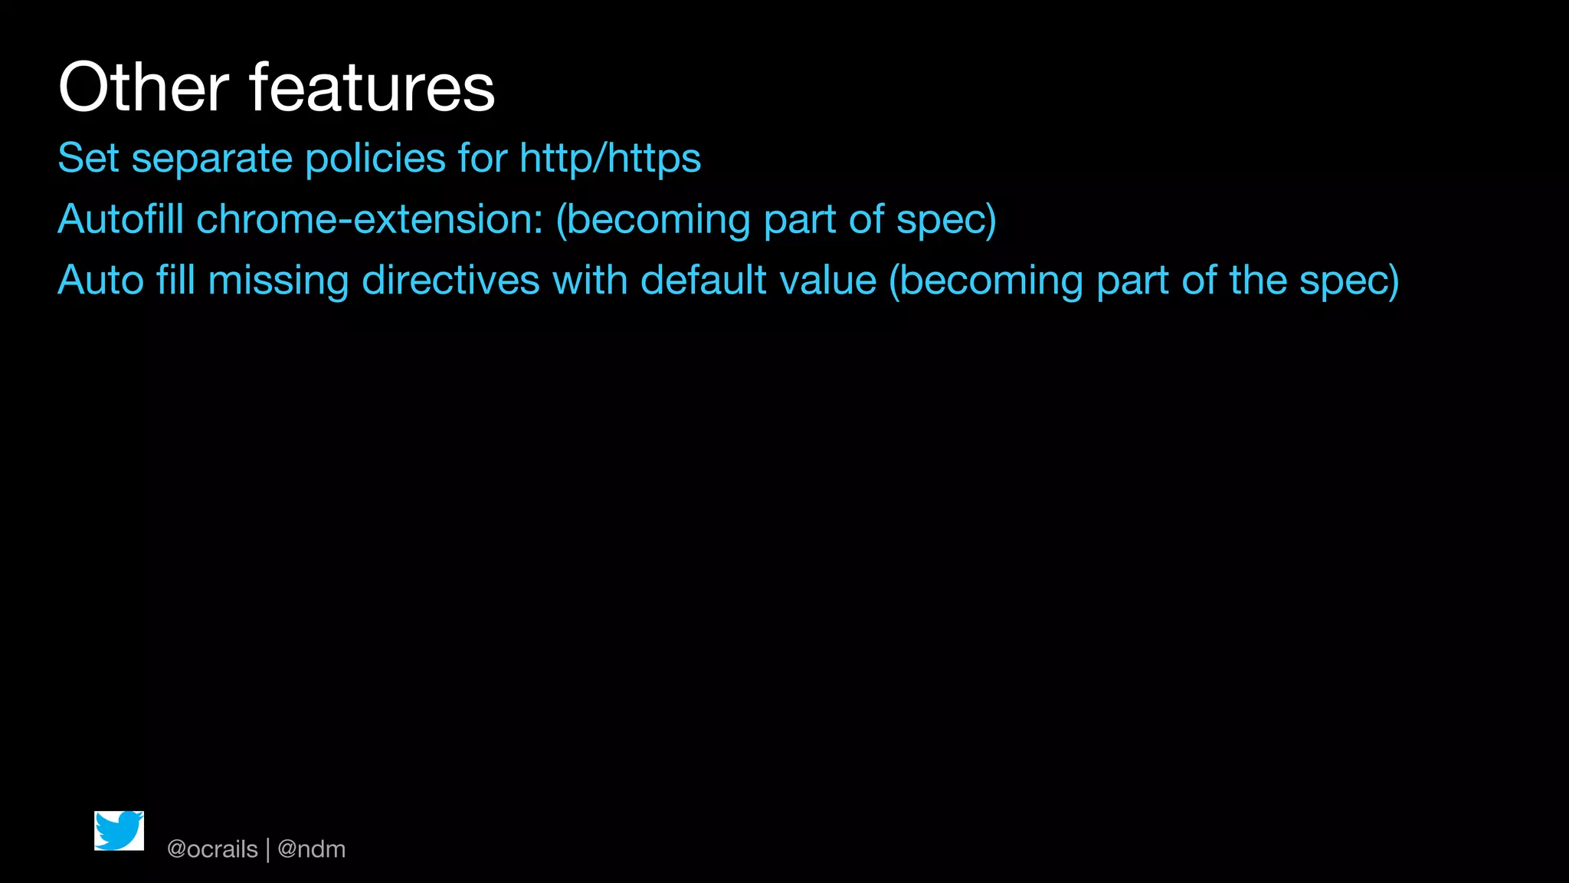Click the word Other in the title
(x=143, y=87)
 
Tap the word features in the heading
(x=372, y=87)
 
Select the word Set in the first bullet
(x=88, y=159)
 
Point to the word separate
(x=212, y=159)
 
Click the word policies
(x=375, y=159)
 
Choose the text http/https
(x=610, y=159)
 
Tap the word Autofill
(x=121, y=219)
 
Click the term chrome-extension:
(x=370, y=219)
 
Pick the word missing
(x=278, y=281)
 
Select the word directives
(x=450, y=281)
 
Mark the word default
(x=703, y=281)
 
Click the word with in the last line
(x=590, y=281)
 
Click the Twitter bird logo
(x=119, y=831)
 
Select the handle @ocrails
(x=212, y=849)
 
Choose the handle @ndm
(x=311, y=849)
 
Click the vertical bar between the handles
(x=268, y=849)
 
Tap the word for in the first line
(x=483, y=159)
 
